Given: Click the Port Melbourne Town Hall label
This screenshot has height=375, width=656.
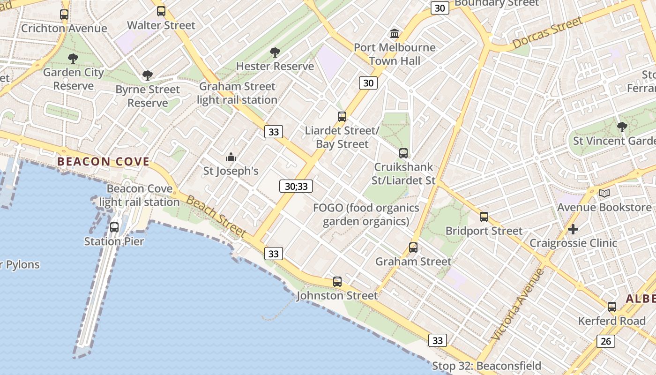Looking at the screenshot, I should pos(395,54).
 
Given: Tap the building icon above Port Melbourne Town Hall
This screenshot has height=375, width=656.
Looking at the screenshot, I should pos(395,34).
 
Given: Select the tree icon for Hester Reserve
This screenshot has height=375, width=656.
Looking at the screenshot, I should pos(275,52).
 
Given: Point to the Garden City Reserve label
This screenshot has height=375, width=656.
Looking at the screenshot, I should pos(74,79).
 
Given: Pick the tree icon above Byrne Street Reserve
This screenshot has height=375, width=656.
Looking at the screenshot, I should pos(148,75).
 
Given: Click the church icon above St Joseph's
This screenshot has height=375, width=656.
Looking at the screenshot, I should pos(231,157).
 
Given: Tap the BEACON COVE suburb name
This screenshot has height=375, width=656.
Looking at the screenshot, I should pos(103,162).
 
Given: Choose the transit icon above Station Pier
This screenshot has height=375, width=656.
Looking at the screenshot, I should pos(114,227).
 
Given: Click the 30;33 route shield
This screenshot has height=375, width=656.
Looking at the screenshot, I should pos(296,186).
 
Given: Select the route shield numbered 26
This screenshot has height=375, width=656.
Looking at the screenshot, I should pos(606,341).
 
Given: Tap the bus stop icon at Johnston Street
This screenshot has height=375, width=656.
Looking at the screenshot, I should pos(337,282).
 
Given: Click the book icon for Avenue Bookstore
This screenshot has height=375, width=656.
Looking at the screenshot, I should pos(604,193).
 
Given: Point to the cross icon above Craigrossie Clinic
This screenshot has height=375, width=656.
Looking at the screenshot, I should pos(573,229).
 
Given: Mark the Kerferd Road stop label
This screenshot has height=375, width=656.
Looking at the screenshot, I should pos(611,321).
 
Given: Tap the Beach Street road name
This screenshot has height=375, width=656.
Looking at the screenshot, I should pos(216,216).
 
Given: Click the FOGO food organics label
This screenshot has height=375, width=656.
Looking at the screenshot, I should pos(366,214).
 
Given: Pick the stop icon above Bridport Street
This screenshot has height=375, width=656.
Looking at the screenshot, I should pos(484,217).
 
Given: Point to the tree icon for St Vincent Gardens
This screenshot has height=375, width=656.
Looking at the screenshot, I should pos(622,127).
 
